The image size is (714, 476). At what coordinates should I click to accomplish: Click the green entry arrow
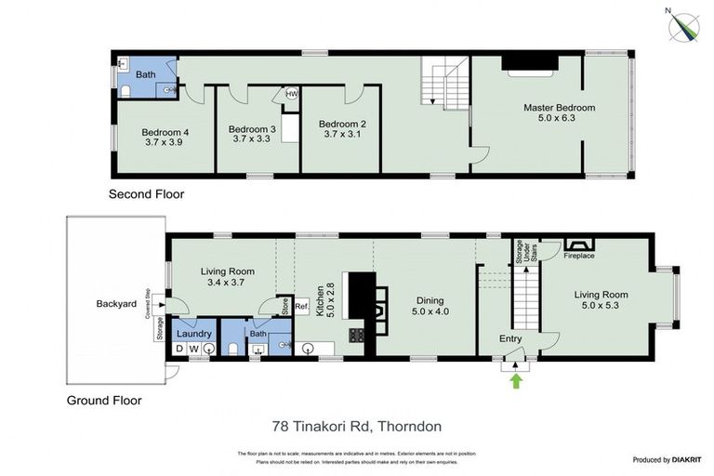pyautogui.click(x=516, y=378)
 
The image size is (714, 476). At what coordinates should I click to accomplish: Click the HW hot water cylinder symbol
pyautogui.click(x=291, y=94)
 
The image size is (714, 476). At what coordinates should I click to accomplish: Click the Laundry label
pyautogui.click(x=194, y=334)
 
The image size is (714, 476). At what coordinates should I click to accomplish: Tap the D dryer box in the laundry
pyautogui.click(x=179, y=349)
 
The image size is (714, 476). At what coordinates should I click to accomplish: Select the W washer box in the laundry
pyautogui.click(x=193, y=349)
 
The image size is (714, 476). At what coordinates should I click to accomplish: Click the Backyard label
pyautogui.click(x=116, y=304)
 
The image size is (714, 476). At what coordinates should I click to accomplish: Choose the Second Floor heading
pyautogui.click(x=146, y=195)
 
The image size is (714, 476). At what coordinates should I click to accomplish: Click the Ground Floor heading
pyautogui.click(x=103, y=402)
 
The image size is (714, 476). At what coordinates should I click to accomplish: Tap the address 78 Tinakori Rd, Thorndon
pyautogui.click(x=356, y=427)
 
